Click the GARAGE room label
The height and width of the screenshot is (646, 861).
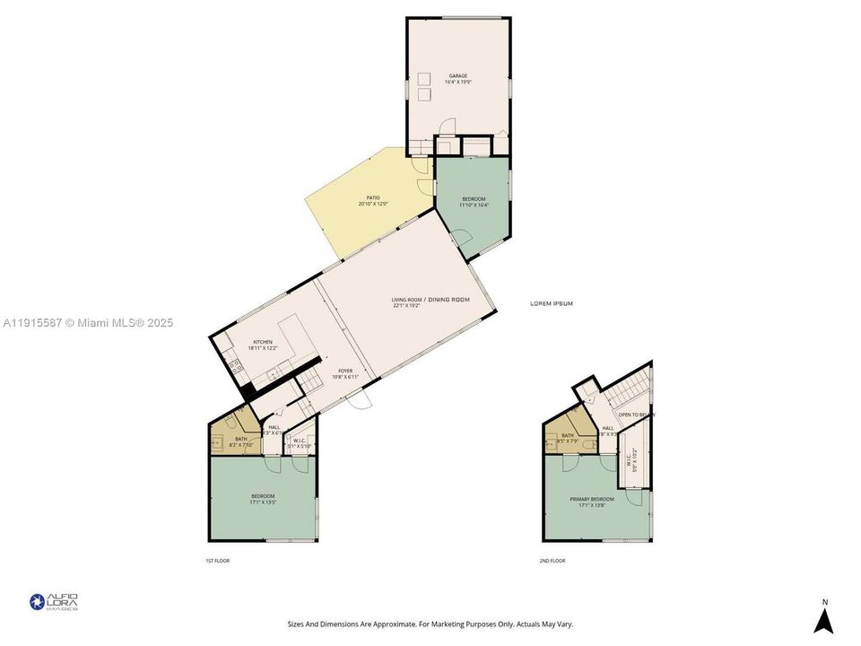click(457, 76)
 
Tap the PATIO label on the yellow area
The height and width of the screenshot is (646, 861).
click(372, 198)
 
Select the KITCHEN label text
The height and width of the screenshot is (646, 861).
click(262, 342)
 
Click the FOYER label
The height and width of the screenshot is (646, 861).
click(345, 371)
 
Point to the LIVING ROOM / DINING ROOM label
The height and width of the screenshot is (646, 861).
click(430, 300)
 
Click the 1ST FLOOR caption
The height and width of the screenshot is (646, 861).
click(218, 561)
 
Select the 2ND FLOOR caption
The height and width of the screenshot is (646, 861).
click(552, 561)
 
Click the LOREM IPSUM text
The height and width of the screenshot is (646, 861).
click(552, 304)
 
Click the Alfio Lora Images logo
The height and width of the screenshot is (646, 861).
click(54, 601)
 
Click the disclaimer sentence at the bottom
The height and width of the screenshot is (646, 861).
click(430, 624)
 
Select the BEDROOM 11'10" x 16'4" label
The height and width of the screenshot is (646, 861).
click(474, 199)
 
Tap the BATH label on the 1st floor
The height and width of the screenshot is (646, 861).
click(241, 439)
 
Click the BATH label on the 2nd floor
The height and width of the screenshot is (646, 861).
click(567, 435)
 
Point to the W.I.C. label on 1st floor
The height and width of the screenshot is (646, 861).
click(300, 440)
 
